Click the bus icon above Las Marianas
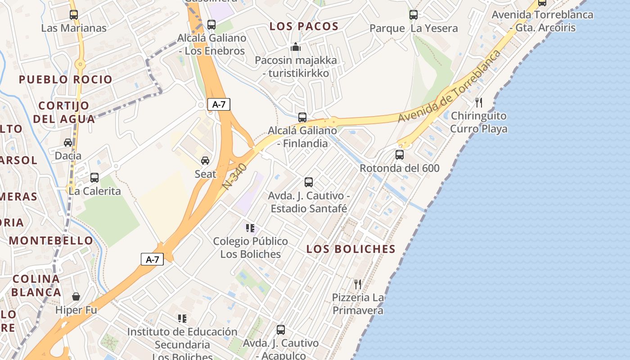(x=74, y=15)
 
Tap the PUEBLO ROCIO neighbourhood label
(x=66, y=80)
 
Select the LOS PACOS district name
(x=304, y=26)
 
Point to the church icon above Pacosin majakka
(x=295, y=47)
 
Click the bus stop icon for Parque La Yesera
(x=414, y=15)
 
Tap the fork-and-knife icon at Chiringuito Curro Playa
(x=479, y=103)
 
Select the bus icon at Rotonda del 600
(x=399, y=155)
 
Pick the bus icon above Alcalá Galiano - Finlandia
(x=302, y=117)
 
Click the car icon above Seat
(x=205, y=161)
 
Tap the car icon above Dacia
(x=68, y=143)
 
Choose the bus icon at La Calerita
(x=94, y=178)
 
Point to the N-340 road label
(x=234, y=176)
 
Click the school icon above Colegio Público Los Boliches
(x=250, y=228)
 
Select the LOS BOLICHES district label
(x=351, y=249)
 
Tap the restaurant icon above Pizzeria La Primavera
(x=358, y=284)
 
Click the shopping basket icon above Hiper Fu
(x=76, y=297)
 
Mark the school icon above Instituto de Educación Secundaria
(x=182, y=319)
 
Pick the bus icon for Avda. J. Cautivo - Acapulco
(x=281, y=330)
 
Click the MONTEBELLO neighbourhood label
(x=51, y=240)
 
